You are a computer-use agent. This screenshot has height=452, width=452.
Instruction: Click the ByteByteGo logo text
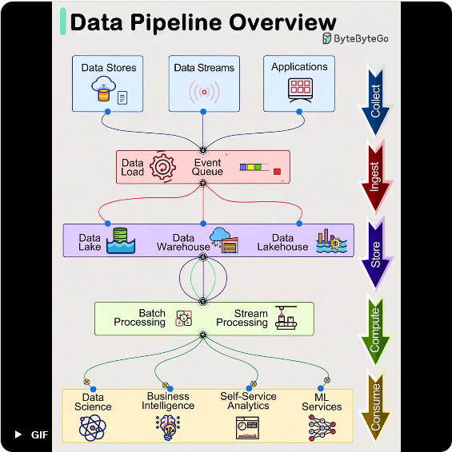click(361, 38)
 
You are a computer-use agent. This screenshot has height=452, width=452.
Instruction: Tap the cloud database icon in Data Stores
click(104, 89)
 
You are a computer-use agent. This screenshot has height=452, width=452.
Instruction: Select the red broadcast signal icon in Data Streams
click(204, 92)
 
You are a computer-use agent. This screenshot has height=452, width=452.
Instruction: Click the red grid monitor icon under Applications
click(300, 90)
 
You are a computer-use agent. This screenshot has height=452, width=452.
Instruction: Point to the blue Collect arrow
click(375, 101)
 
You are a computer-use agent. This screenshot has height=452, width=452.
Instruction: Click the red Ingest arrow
click(375, 177)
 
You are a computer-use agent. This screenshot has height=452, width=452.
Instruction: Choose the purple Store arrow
click(375, 254)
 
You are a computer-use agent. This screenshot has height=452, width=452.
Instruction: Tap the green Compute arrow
click(375, 331)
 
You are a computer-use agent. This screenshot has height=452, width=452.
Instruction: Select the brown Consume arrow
click(375, 407)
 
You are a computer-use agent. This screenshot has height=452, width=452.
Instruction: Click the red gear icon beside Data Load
click(162, 167)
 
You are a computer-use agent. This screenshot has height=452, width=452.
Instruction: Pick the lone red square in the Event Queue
click(277, 172)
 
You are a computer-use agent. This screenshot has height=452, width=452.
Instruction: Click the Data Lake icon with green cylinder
click(121, 241)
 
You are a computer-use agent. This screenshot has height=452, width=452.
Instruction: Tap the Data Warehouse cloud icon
click(224, 240)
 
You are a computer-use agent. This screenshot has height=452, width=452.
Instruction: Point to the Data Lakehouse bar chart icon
click(331, 241)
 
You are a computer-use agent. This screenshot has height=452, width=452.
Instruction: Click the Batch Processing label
click(140, 318)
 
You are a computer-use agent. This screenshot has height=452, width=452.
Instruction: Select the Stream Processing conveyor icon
click(286, 318)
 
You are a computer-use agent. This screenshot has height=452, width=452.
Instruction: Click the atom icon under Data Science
click(93, 428)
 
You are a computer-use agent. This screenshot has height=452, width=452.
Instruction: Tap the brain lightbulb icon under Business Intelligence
click(168, 427)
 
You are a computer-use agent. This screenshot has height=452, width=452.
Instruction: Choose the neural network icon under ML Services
click(322, 428)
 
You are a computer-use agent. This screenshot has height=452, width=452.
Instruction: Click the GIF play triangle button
click(18, 434)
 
